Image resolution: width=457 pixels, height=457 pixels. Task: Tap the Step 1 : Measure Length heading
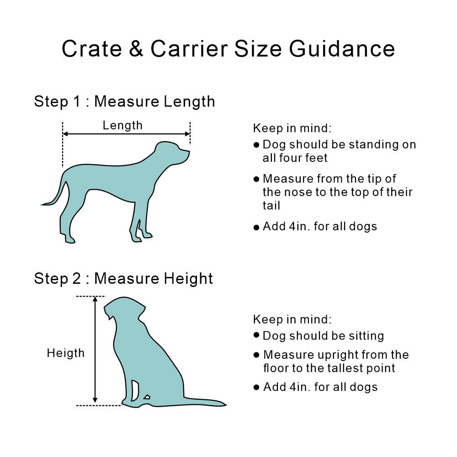coord(124,101)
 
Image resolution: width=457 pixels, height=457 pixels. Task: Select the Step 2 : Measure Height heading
coord(123,278)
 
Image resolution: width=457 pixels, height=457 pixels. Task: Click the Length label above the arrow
coord(122,125)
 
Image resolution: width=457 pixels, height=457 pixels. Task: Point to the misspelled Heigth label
coord(66,353)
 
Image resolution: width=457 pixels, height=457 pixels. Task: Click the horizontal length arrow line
coord(126,134)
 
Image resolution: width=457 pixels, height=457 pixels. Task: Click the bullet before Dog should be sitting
coord(256,335)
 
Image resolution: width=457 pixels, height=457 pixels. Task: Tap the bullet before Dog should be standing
coord(256,145)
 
